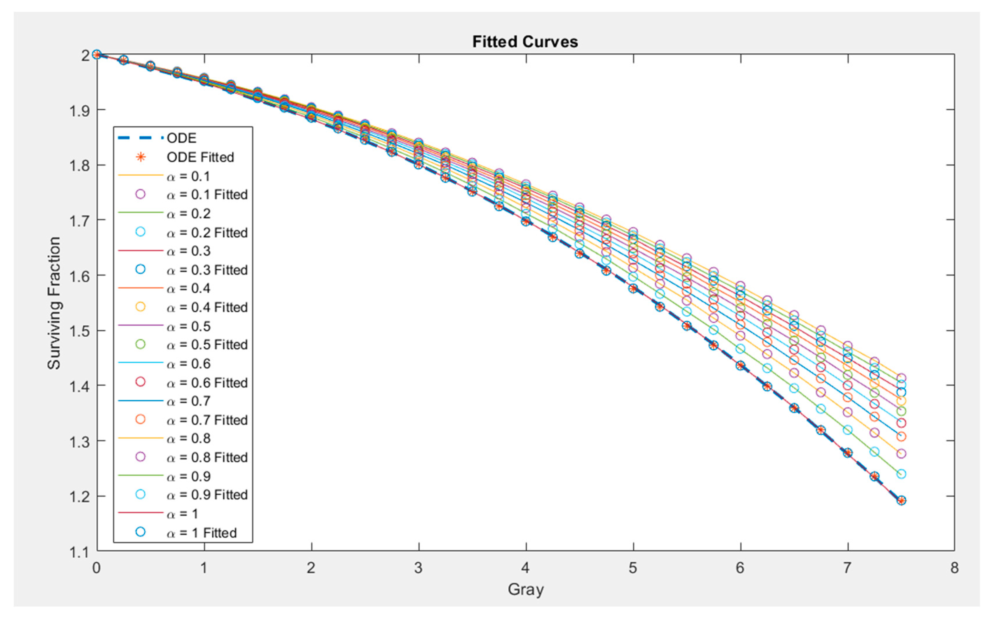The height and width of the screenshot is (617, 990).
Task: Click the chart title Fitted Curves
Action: coord(525,42)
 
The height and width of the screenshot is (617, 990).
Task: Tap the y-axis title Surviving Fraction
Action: coord(54,303)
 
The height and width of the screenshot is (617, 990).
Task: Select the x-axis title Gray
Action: coord(525,589)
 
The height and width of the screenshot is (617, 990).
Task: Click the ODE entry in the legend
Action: coord(181,138)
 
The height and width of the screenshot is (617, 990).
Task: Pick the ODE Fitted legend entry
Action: coord(200,157)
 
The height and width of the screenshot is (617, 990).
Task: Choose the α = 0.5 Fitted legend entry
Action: coord(207,345)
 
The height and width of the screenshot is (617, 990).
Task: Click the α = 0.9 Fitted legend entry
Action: coord(207,495)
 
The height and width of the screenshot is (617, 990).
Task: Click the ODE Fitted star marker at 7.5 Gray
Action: coord(901,500)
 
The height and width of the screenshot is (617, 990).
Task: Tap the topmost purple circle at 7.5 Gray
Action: coord(901,378)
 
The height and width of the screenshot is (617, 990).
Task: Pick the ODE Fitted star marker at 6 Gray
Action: coord(740,366)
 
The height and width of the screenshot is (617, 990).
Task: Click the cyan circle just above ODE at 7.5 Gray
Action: coord(901,474)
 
